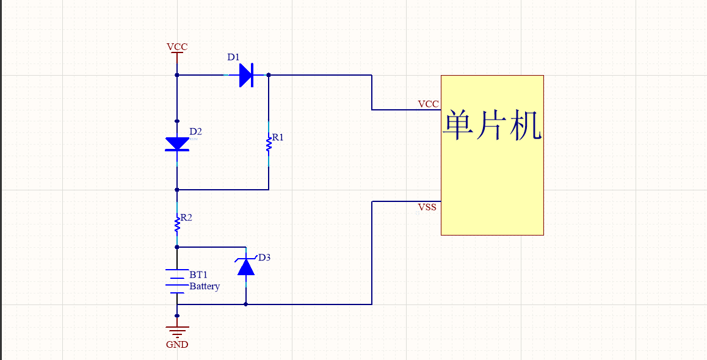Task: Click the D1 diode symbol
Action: click(246, 75)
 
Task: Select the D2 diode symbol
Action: click(177, 144)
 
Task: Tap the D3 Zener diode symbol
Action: click(245, 267)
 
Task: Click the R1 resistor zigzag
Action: click(269, 144)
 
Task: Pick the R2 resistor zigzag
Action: click(177, 225)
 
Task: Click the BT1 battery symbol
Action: click(177, 281)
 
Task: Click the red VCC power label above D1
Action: click(177, 47)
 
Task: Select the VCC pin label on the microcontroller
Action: click(428, 104)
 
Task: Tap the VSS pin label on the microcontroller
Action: click(427, 207)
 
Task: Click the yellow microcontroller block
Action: click(492, 177)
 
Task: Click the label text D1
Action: click(233, 57)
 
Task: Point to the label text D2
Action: click(195, 131)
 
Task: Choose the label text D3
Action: click(264, 257)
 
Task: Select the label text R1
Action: click(278, 138)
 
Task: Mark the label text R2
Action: click(186, 218)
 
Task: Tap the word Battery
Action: click(205, 286)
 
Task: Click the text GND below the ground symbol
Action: click(177, 345)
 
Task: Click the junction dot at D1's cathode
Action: click(269, 75)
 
